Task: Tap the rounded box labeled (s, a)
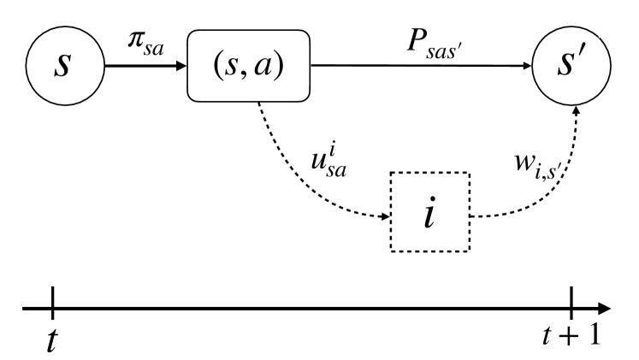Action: (248, 64)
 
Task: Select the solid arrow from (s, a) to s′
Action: (419, 65)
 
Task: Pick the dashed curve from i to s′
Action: (547, 189)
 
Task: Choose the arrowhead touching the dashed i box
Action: (383, 216)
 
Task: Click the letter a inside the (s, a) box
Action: (273, 65)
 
